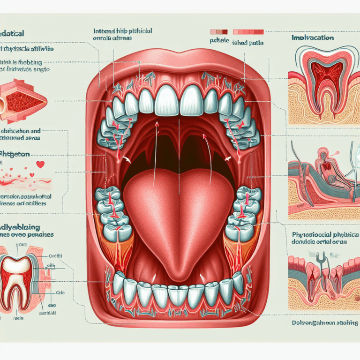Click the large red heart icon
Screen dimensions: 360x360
pyautogui.click(x=41, y=165)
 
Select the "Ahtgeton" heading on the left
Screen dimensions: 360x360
pyautogui.click(x=18, y=153)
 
